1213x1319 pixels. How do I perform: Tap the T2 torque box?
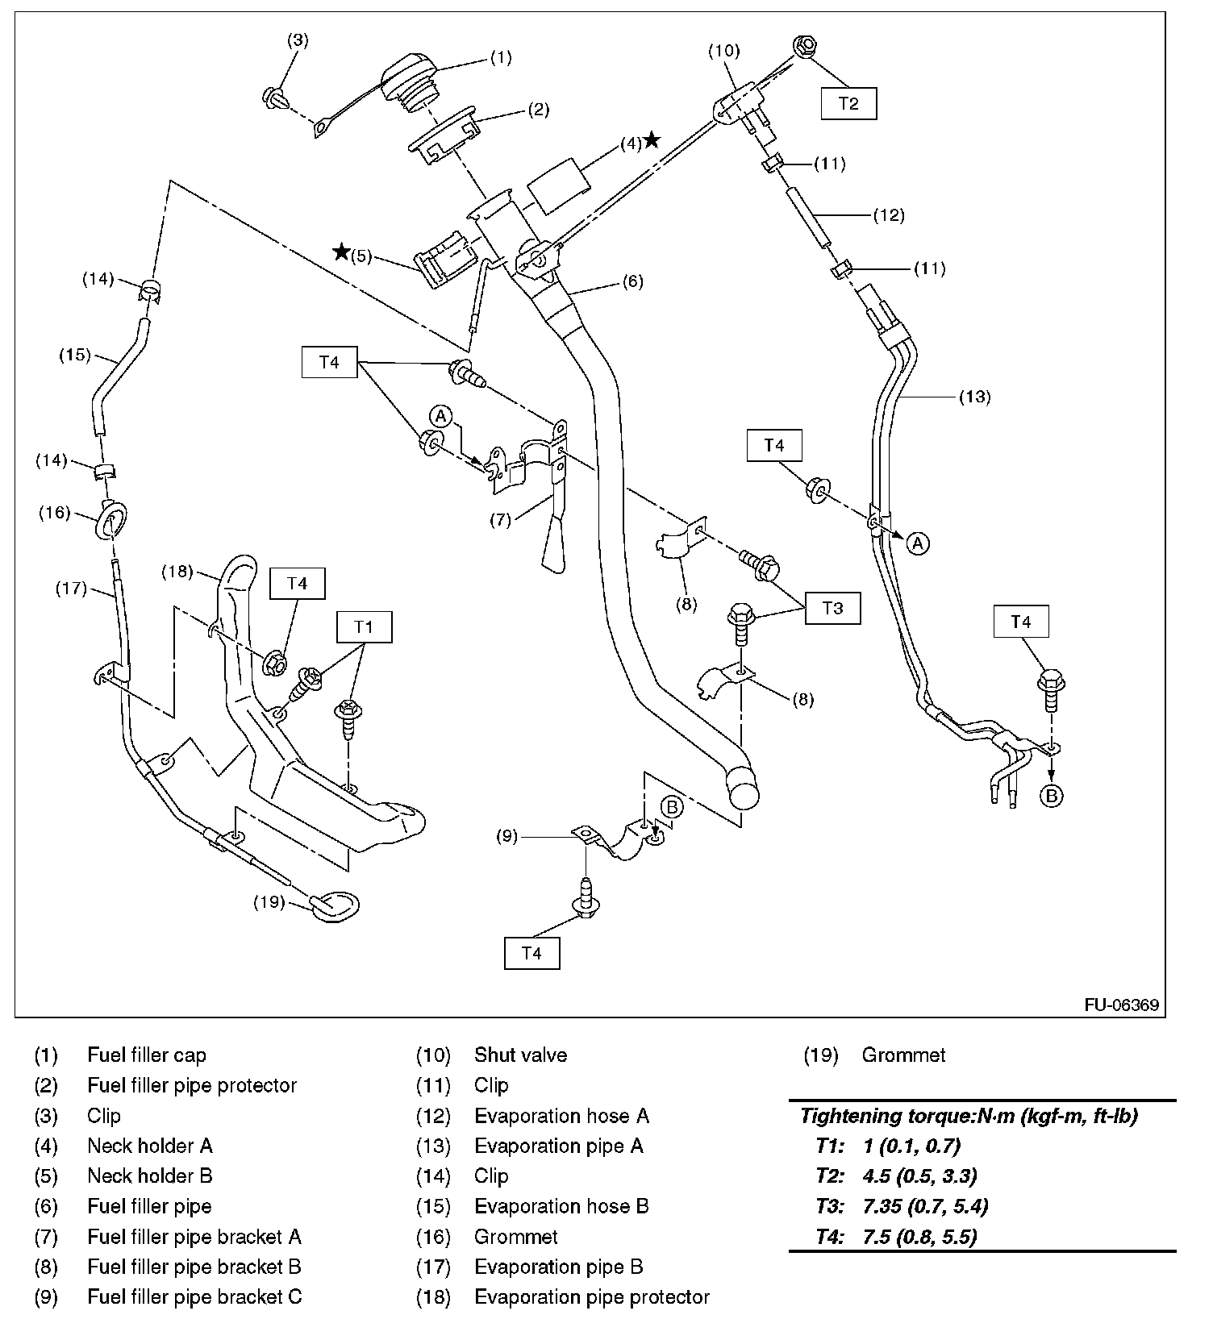pos(848,103)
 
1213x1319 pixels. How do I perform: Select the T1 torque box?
pos(364,626)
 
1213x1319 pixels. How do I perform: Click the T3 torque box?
pos(832,607)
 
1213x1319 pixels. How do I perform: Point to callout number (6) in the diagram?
pos(632,281)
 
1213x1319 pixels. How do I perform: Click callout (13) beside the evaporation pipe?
pos(974,397)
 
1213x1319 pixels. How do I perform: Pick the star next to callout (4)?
pos(652,141)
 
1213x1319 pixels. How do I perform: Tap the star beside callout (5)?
pos(342,252)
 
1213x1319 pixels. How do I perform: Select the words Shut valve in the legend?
pos(520,1055)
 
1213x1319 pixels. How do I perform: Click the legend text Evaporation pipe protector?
pos(591,1297)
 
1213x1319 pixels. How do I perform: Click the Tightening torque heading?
pos(968,1116)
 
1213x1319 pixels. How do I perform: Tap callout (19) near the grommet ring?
pos(269,901)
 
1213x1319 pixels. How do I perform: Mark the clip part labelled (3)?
pos(275,98)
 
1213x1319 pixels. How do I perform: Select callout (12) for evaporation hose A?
pos(889,215)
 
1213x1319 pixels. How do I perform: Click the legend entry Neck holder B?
pos(149,1176)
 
